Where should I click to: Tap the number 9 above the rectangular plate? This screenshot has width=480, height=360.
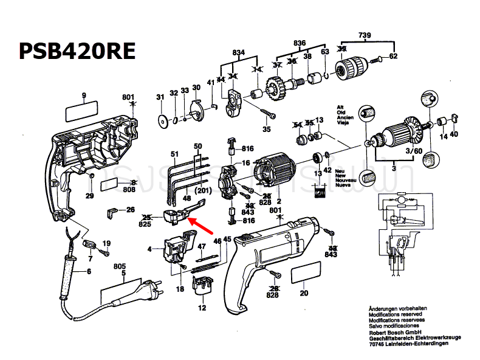84,95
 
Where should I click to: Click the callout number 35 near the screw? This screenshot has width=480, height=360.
266,129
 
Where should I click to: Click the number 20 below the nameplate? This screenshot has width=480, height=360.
304,293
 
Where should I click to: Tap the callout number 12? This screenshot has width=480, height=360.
203,308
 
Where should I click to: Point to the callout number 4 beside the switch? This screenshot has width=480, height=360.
149,249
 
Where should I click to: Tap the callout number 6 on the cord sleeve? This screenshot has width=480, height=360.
89,271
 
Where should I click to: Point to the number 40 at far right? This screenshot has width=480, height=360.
454,134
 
